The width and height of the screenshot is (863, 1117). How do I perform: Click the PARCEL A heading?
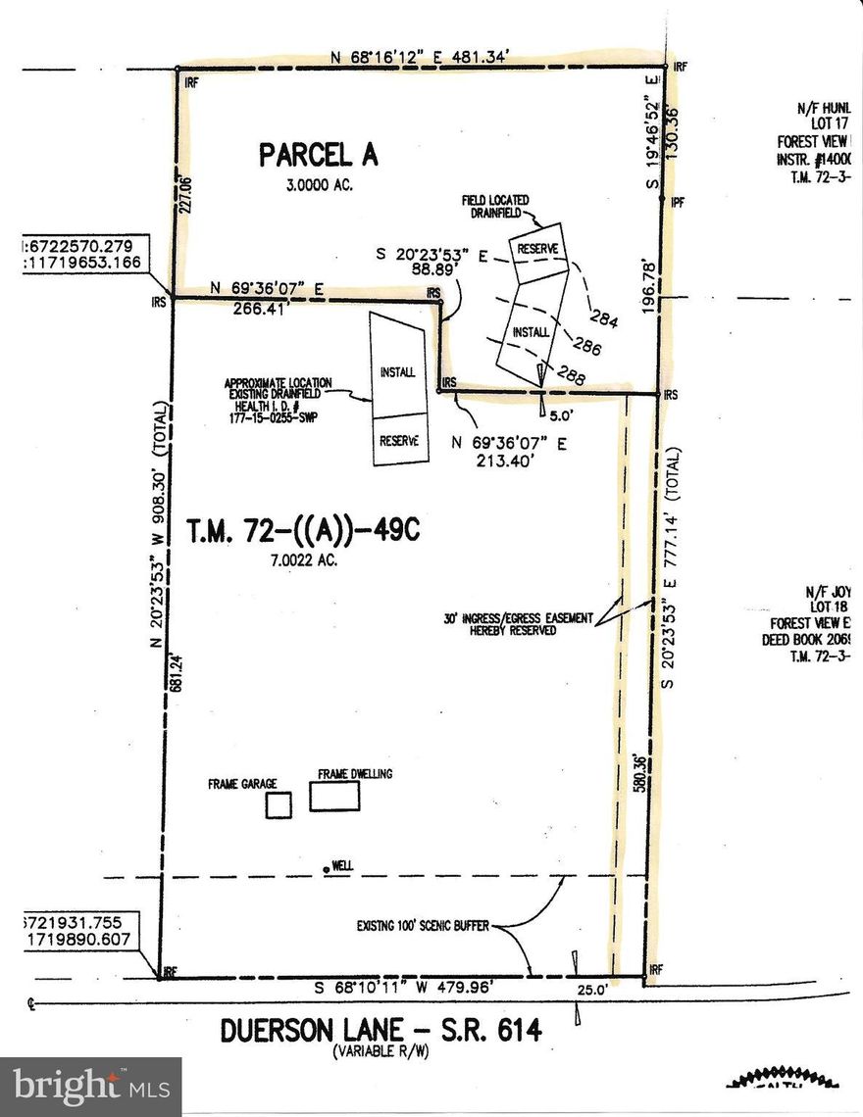(318, 155)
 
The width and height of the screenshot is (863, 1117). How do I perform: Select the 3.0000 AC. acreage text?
(319, 184)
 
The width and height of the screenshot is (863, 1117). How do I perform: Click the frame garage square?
(279, 805)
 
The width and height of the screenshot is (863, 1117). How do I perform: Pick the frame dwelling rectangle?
(335, 796)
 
